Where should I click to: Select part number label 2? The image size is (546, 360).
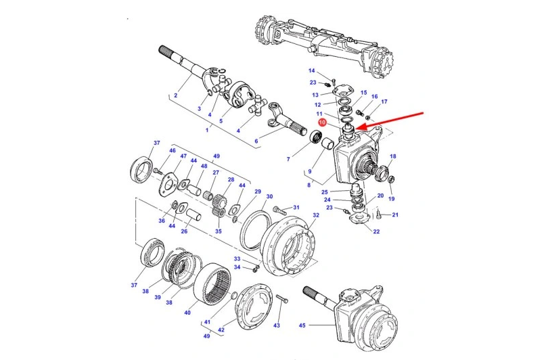pyautogui.click(x=175, y=95)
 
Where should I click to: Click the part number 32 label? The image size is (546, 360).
pyautogui.click(x=316, y=215)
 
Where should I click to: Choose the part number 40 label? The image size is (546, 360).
pyautogui.click(x=187, y=312)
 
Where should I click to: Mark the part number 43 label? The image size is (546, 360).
pyautogui.click(x=277, y=325)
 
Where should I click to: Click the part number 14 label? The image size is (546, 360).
pyautogui.click(x=312, y=71)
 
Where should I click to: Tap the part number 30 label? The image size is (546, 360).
pyautogui.click(x=269, y=197)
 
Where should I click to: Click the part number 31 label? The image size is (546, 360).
pyautogui.click(x=296, y=208)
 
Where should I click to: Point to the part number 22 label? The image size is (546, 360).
pyautogui.click(x=376, y=231)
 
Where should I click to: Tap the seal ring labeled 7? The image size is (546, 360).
pyautogui.click(x=315, y=139)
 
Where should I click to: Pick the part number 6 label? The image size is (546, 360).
pyautogui.click(x=256, y=141)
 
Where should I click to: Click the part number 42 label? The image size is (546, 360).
pyautogui.click(x=221, y=330)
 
